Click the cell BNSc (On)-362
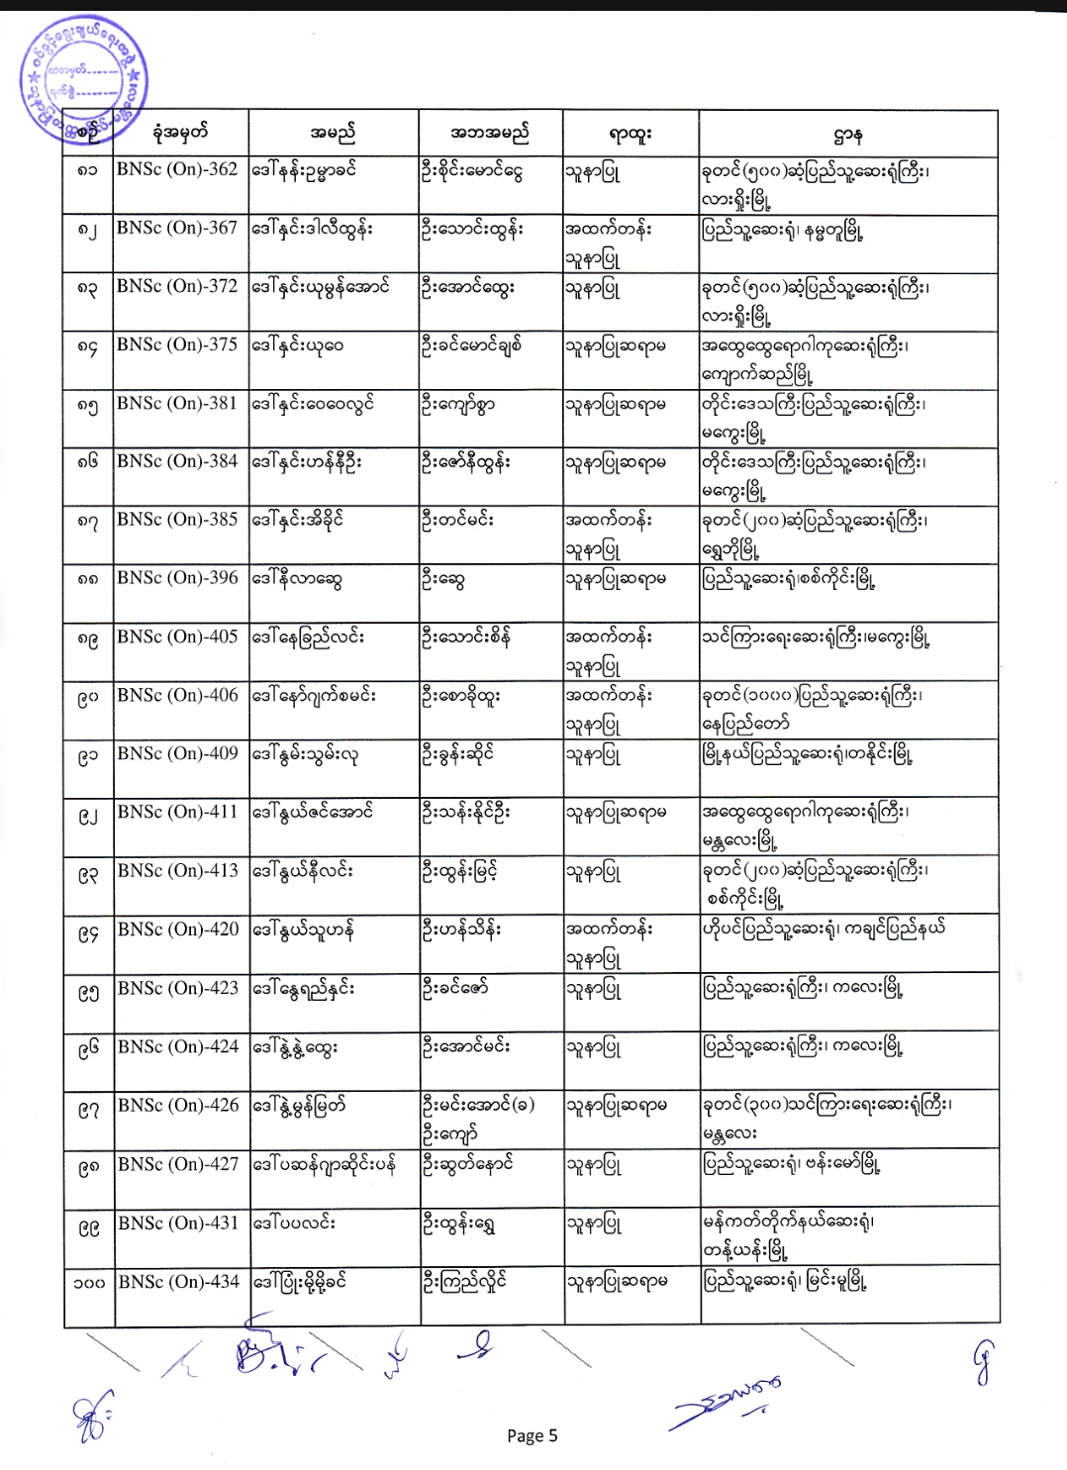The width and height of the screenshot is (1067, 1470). (x=177, y=169)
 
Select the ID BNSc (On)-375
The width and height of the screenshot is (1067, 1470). (x=177, y=344)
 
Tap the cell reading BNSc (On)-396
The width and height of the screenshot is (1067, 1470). (x=177, y=578)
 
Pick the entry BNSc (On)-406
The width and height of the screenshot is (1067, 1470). (x=177, y=696)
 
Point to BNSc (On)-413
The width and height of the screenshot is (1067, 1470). (x=178, y=871)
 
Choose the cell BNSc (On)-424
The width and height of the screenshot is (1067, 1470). (x=178, y=1046)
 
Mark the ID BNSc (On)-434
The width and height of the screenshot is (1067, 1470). (x=178, y=1282)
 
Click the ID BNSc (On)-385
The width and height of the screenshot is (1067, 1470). (x=177, y=520)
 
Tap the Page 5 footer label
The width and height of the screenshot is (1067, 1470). (x=533, y=1435)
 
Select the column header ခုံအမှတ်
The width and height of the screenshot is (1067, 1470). (x=180, y=133)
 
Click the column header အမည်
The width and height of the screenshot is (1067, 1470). (x=333, y=133)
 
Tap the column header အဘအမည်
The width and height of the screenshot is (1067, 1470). (x=490, y=133)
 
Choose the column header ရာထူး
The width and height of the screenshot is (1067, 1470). (x=630, y=133)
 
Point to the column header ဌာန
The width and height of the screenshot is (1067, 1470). (x=848, y=133)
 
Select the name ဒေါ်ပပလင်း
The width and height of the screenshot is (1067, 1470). (x=294, y=1224)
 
